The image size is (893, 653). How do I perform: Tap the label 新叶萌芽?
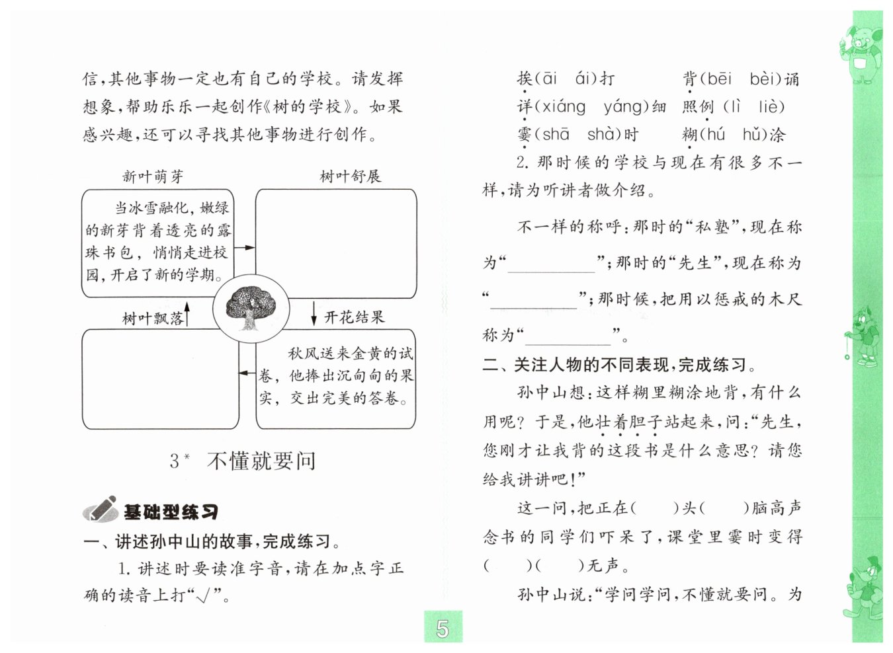click(x=153, y=176)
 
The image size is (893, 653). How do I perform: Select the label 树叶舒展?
click(x=351, y=176)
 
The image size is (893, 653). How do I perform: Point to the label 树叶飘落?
click(x=153, y=319)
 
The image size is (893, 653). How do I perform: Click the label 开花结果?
click(x=355, y=317)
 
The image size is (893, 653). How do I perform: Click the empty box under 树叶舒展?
click(x=336, y=243)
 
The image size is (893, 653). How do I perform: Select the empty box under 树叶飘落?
click(x=160, y=379)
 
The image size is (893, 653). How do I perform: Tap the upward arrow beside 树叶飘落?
click(x=187, y=314)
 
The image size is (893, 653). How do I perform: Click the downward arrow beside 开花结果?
click(x=314, y=314)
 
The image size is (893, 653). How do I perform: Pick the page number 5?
click(x=443, y=629)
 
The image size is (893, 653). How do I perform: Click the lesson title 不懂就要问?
click(x=261, y=461)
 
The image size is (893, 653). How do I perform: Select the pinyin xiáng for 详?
click(x=560, y=107)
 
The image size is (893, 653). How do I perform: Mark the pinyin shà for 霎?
click(x=601, y=135)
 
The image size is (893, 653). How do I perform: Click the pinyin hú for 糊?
click(x=712, y=135)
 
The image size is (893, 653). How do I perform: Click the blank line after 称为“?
click(x=568, y=336)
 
